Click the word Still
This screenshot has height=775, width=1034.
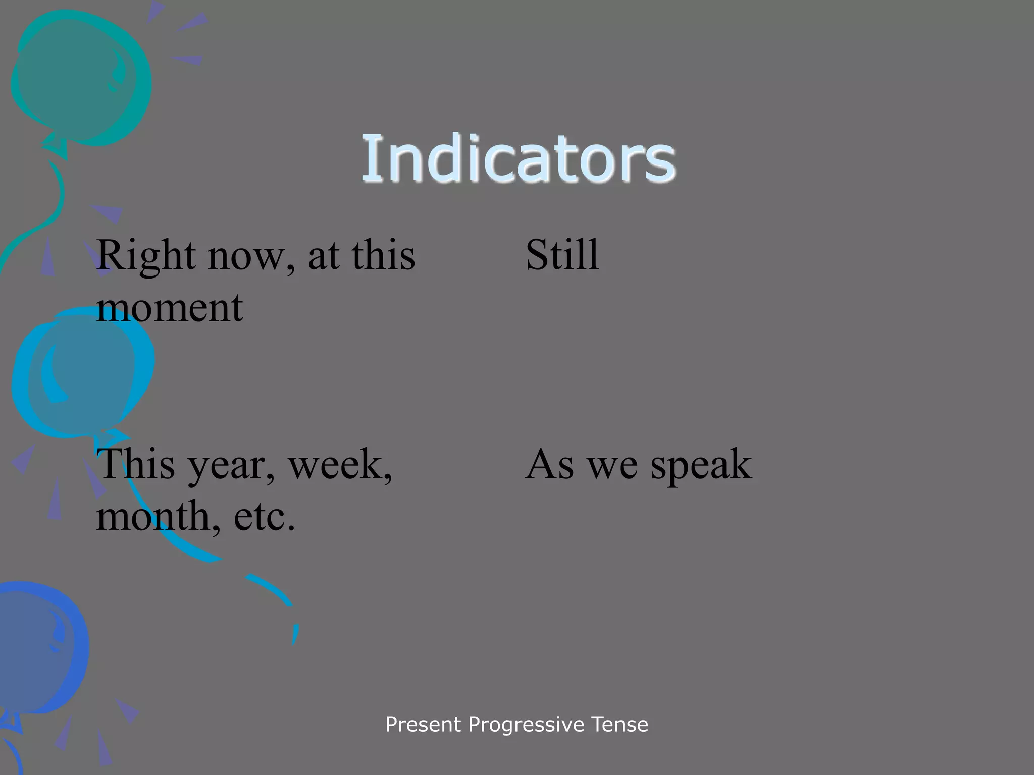[x=562, y=254]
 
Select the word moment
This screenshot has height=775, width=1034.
[x=170, y=307]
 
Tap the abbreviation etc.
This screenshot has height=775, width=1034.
[x=264, y=517]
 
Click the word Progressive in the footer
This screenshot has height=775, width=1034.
[x=526, y=725]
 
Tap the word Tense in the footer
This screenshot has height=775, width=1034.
[x=619, y=725]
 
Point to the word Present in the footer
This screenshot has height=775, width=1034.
[x=423, y=725]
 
